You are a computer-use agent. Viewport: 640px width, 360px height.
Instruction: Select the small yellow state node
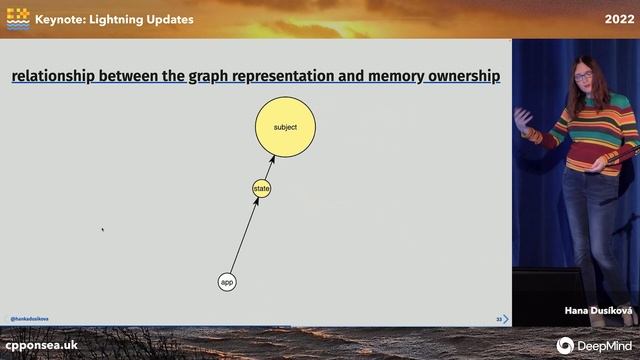(x=261, y=188)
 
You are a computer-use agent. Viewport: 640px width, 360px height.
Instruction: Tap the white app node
(x=227, y=282)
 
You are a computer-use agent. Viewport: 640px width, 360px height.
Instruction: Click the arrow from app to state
(x=243, y=236)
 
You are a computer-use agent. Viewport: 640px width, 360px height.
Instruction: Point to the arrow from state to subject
(x=267, y=168)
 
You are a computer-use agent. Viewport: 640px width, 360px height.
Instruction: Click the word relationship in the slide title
(x=56, y=76)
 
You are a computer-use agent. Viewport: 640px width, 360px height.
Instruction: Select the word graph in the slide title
(x=209, y=76)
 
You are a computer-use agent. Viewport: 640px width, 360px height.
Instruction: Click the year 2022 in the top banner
(x=617, y=19)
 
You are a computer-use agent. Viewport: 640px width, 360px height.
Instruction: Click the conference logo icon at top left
(x=17, y=18)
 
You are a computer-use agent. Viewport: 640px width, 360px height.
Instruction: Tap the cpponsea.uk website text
(x=41, y=344)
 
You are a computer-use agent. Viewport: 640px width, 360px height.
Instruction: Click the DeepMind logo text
(x=603, y=344)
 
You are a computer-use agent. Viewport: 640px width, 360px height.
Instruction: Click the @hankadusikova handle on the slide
(x=29, y=319)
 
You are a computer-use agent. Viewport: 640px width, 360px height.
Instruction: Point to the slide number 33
(x=498, y=319)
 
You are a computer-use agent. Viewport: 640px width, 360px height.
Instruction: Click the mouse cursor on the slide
(x=103, y=230)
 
